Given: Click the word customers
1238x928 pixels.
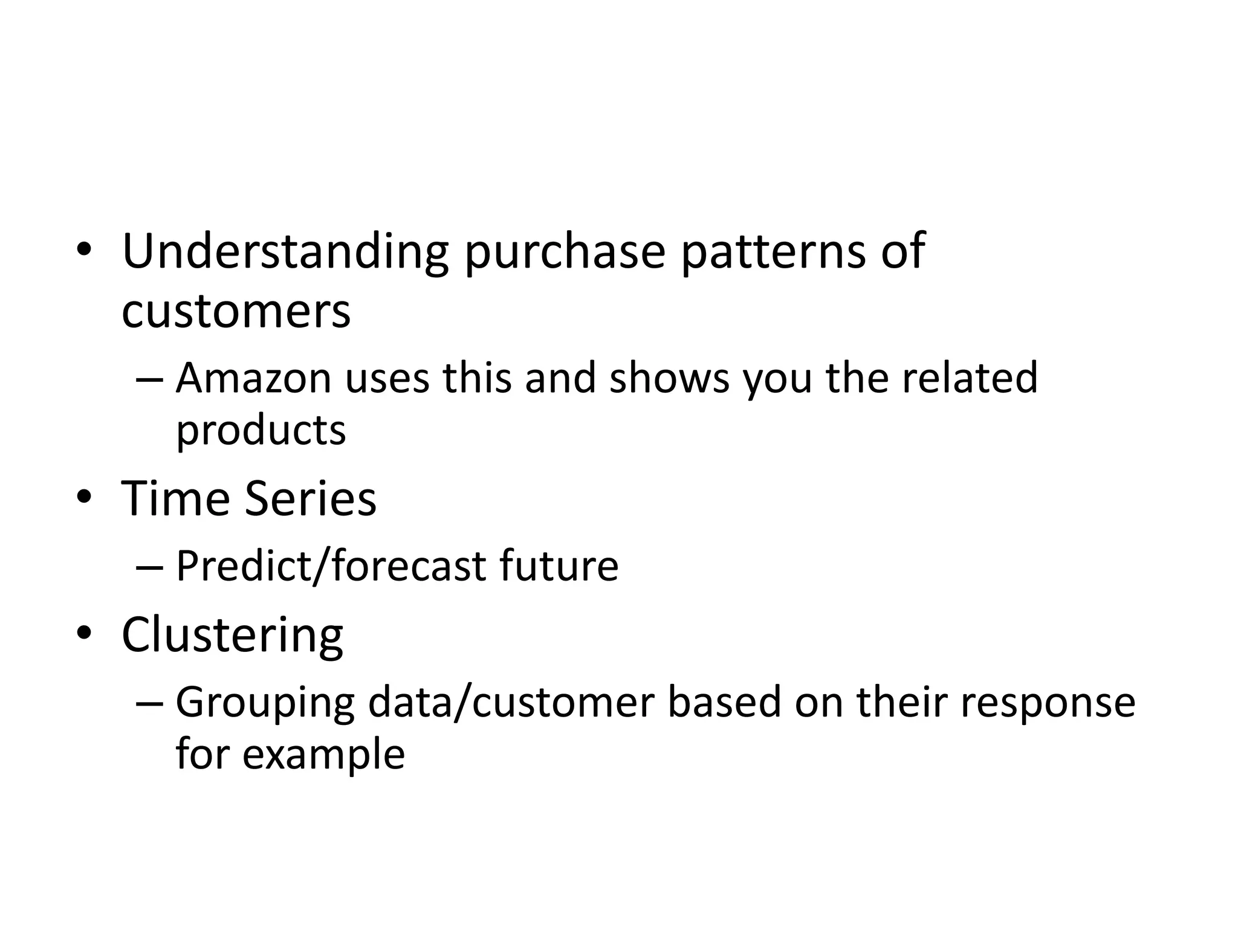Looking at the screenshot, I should pos(236,312).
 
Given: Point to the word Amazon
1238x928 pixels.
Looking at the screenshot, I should pos(254,378).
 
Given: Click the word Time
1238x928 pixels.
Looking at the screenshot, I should pos(176,499).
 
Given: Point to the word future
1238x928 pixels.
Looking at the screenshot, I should pos(559,567).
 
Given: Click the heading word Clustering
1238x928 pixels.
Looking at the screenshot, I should pos(232,636).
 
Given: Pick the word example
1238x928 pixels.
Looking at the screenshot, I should pos(323,755).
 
